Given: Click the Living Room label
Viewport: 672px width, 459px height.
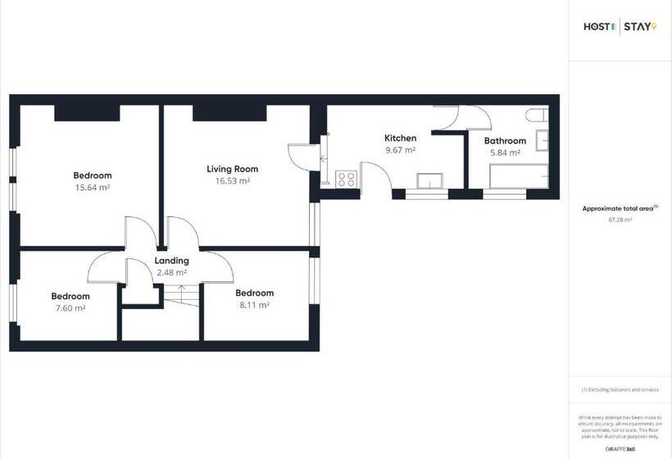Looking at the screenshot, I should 233,169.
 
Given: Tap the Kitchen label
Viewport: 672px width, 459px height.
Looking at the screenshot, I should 401,138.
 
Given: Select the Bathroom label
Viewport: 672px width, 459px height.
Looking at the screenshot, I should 505,141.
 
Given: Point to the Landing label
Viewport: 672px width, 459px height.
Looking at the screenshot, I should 172,261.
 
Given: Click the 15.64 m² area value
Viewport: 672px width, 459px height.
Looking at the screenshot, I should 93,187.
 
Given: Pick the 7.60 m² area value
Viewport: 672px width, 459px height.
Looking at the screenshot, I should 70,308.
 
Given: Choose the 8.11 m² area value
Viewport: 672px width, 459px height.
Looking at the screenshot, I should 254,305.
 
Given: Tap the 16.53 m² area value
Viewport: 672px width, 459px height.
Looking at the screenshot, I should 233,181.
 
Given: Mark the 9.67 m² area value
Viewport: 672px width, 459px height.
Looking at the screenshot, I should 401,150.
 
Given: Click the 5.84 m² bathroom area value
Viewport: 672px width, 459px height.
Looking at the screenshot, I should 505,152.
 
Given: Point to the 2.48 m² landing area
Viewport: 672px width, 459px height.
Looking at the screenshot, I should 172,272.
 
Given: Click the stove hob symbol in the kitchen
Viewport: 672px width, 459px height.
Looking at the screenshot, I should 346,178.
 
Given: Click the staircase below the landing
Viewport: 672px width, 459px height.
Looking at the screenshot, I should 180,295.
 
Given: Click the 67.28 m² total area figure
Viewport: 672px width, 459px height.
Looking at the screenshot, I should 620,220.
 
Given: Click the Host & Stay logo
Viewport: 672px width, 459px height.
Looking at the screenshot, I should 620,27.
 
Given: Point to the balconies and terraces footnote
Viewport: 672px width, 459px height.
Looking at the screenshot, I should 620,389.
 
